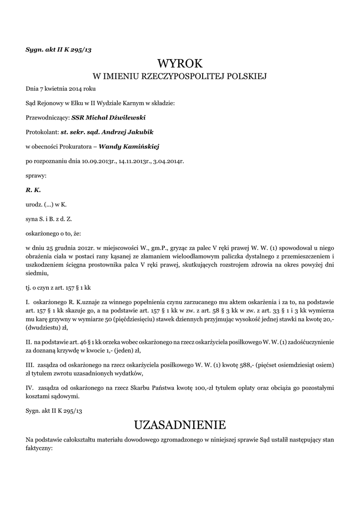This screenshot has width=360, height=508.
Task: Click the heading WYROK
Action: pyautogui.click(x=180, y=63)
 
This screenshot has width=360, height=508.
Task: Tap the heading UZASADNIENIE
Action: pyautogui.click(x=180, y=425)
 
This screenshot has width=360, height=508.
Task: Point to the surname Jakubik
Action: pyautogui.click(x=139, y=132)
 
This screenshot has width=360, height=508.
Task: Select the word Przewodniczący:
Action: pyautogui.click(x=48, y=118)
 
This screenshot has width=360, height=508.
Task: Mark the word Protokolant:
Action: pyautogui.click(x=42, y=132)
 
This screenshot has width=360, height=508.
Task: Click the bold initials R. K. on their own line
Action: pyautogui.click(x=33, y=190)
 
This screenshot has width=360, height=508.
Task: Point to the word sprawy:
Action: pyautogui.click(x=36, y=175)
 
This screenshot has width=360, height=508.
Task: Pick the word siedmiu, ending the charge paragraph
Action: pyautogui.click(x=37, y=280)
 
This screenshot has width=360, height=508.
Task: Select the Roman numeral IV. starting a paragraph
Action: pyautogui.click(x=29, y=386)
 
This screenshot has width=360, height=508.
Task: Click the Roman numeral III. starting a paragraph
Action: pyautogui.click(x=30, y=365)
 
